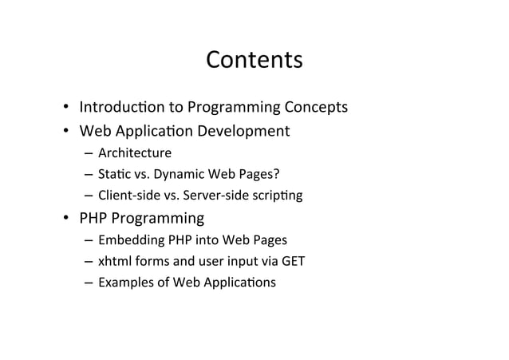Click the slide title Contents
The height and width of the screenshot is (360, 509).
pos(254,61)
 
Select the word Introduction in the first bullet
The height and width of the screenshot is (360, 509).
pos(115,107)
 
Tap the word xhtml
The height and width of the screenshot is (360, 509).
pos(113,261)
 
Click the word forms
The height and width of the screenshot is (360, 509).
pos(151,261)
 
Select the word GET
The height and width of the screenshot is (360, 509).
pos(292,261)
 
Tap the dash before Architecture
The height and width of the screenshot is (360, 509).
pos(85,153)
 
